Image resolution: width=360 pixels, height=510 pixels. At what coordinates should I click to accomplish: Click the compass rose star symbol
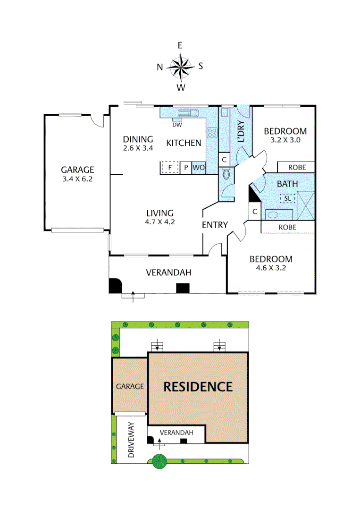[x=180, y=66]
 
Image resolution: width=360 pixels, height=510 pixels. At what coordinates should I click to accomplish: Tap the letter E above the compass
[x=180, y=45]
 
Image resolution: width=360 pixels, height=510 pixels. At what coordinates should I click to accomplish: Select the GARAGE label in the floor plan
[x=78, y=170]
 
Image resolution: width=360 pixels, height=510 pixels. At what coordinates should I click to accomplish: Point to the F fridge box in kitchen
[x=169, y=168]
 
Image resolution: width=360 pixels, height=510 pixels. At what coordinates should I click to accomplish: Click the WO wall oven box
[x=199, y=168]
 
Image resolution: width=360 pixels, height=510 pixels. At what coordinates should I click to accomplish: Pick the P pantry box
[x=186, y=168]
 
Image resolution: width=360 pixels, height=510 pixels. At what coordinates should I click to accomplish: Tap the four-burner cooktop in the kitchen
[x=212, y=133]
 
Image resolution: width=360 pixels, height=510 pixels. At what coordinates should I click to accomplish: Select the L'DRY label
[x=241, y=132]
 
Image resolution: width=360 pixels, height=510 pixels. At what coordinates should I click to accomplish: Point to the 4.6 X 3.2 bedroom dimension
[x=271, y=268]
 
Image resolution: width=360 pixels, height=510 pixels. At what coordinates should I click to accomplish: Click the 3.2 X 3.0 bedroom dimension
[x=285, y=140]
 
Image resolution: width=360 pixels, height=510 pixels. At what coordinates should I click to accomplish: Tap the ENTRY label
[x=215, y=225]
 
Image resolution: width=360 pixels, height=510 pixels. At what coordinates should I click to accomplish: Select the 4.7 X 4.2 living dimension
[x=159, y=222]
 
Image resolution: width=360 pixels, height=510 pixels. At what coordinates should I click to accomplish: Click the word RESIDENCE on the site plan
[x=198, y=387]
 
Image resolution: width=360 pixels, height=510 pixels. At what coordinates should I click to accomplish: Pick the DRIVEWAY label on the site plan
[x=131, y=441]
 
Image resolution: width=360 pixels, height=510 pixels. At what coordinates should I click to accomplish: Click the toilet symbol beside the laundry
[x=226, y=175]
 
